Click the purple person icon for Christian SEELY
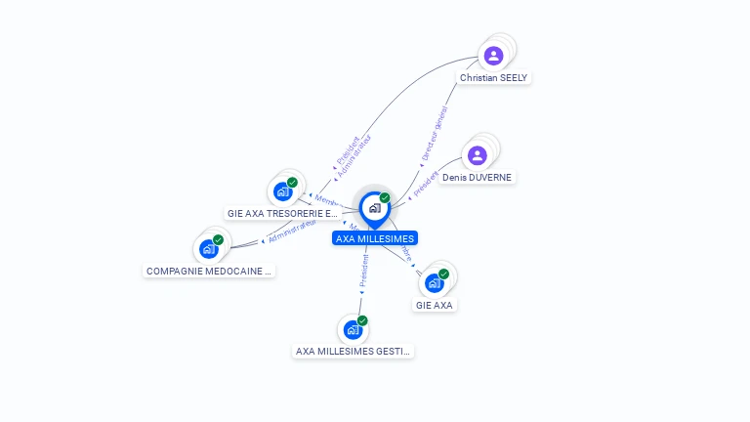tap(493, 56)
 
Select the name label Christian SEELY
tap(494, 77)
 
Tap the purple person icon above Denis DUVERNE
tap(477, 155)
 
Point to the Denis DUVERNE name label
tap(477, 178)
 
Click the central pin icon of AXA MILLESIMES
tap(374, 208)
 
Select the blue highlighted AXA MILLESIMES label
tap(375, 238)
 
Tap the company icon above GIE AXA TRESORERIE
tap(282, 190)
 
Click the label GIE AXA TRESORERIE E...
tap(282, 213)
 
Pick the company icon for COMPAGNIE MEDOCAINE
tap(208, 248)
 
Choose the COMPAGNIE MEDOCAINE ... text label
tap(209, 271)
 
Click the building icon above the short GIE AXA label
tap(434, 282)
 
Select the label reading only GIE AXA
tap(435, 305)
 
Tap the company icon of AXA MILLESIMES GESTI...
tap(353, 329)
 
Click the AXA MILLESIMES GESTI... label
tap(354, 351)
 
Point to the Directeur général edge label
tap(435, 134)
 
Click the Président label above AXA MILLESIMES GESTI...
tap(363, 271)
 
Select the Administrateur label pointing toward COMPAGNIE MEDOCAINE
tap(292, 231)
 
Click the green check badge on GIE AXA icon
tap(443, 274)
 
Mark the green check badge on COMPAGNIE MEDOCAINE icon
tap(218, 239)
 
